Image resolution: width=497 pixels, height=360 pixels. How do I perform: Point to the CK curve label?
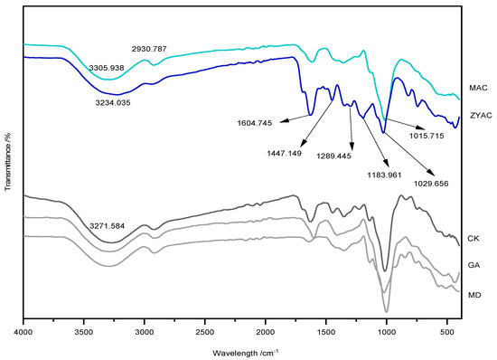point(473,238)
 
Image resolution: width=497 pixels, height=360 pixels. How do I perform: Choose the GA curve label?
point(473,266)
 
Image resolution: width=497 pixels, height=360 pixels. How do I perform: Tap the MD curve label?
point(473,294)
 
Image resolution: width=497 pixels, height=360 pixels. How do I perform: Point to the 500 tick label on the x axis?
point(446,331)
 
